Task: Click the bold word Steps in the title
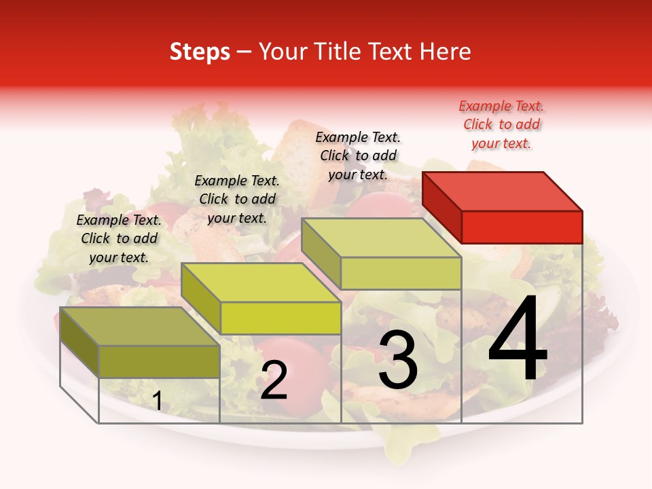[200, 52]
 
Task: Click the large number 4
[518, 341]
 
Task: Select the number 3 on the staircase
[398, 361]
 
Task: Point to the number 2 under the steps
[274, 381]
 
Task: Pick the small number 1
[157, 401]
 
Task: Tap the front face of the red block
[522, 227]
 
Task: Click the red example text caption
[501, 124]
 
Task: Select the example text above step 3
[358, 156]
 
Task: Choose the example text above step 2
[237, 199]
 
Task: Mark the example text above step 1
[119, 238]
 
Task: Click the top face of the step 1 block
[140, 326]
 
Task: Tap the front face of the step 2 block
[280, 318]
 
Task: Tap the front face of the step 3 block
[401, 273]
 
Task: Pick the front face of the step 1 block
[159, 361]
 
